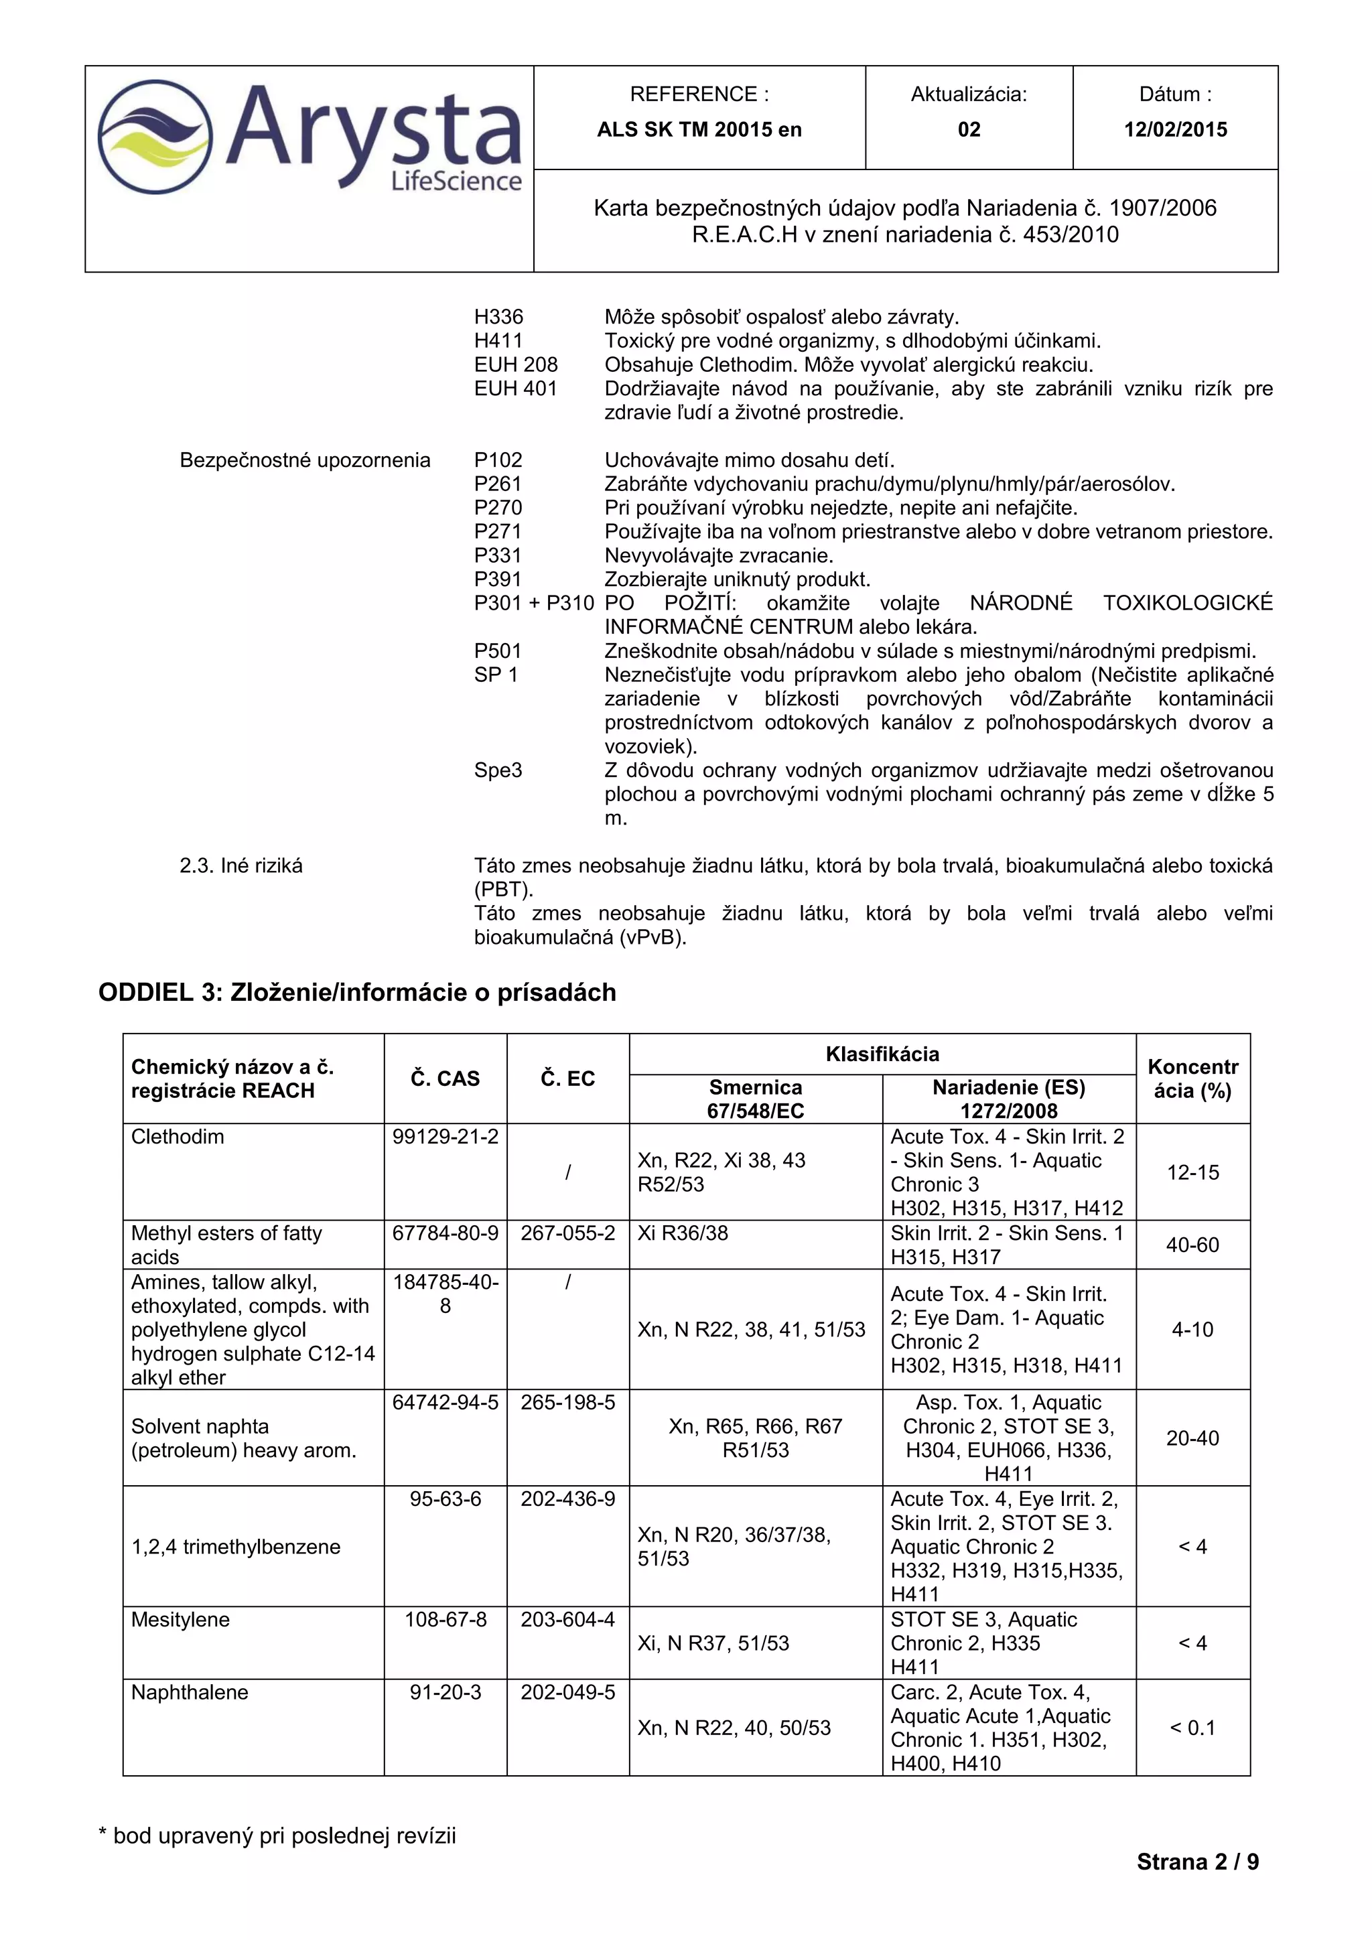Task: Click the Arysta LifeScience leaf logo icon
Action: pyautogui.click(x=154, y=137)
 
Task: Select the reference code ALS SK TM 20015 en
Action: pyautogui.click(x=699, y=129)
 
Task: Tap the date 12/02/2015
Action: pyautogui.click(x=1174, y=129)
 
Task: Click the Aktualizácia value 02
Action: pyautogui.click(x=968, y=129)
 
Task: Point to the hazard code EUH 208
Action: pyautogui.click(x=515, y=364)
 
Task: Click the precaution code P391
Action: pyautogui.click(x=498, y=579)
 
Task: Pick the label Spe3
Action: pyautogui.click(x=498, y=770)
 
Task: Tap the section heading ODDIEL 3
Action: pyautogui.click(x=356, y=992)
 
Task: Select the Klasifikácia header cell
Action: pyautogui.click(x=882, y=1054)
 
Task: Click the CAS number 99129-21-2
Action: pyautogui.click(x=445, y=1136)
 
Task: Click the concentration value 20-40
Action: pyautogui.click(x=1192, y=1438)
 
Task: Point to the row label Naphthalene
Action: pyautogui.click(x=189, y=1692)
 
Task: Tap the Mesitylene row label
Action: pyautogui.click(x=180, y=1620)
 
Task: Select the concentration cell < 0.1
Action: pyautogui.click(x=1192, y=1728)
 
